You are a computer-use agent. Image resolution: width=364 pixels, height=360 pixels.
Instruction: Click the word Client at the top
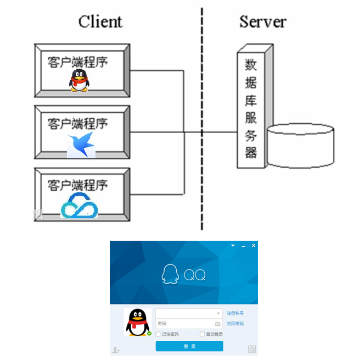tap(100, 21)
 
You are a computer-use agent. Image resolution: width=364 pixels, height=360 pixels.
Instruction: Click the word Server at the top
tap(262, 21)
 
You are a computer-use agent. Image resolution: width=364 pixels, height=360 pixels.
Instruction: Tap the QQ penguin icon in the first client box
tap(79, 80)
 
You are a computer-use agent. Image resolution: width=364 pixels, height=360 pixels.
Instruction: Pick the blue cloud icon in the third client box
tap(79, 206)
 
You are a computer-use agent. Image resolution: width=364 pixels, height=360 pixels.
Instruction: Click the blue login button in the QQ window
tap(189, 346)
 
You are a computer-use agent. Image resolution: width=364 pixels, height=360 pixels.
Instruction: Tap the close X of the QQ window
tap(253, 246)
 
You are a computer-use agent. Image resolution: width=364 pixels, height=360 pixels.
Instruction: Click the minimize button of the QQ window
tap(243, 246)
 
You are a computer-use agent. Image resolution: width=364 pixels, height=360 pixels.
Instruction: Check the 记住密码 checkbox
tap(159, 334)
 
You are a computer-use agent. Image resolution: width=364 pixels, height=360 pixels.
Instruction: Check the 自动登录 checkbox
tap(202, 334)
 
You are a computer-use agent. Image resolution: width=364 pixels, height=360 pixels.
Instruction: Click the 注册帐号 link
tap(235, 313)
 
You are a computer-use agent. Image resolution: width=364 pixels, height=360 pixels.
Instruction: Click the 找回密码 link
tap(235, 324)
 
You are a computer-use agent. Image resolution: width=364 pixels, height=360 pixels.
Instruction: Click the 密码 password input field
tap(184, 324)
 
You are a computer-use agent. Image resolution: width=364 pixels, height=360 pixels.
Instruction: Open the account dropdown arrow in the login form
tap(218, 313)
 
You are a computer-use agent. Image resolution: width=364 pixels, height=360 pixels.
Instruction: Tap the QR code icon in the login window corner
tap(252, 349)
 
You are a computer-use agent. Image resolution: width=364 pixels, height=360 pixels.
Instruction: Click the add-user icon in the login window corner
tap(116, 349)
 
